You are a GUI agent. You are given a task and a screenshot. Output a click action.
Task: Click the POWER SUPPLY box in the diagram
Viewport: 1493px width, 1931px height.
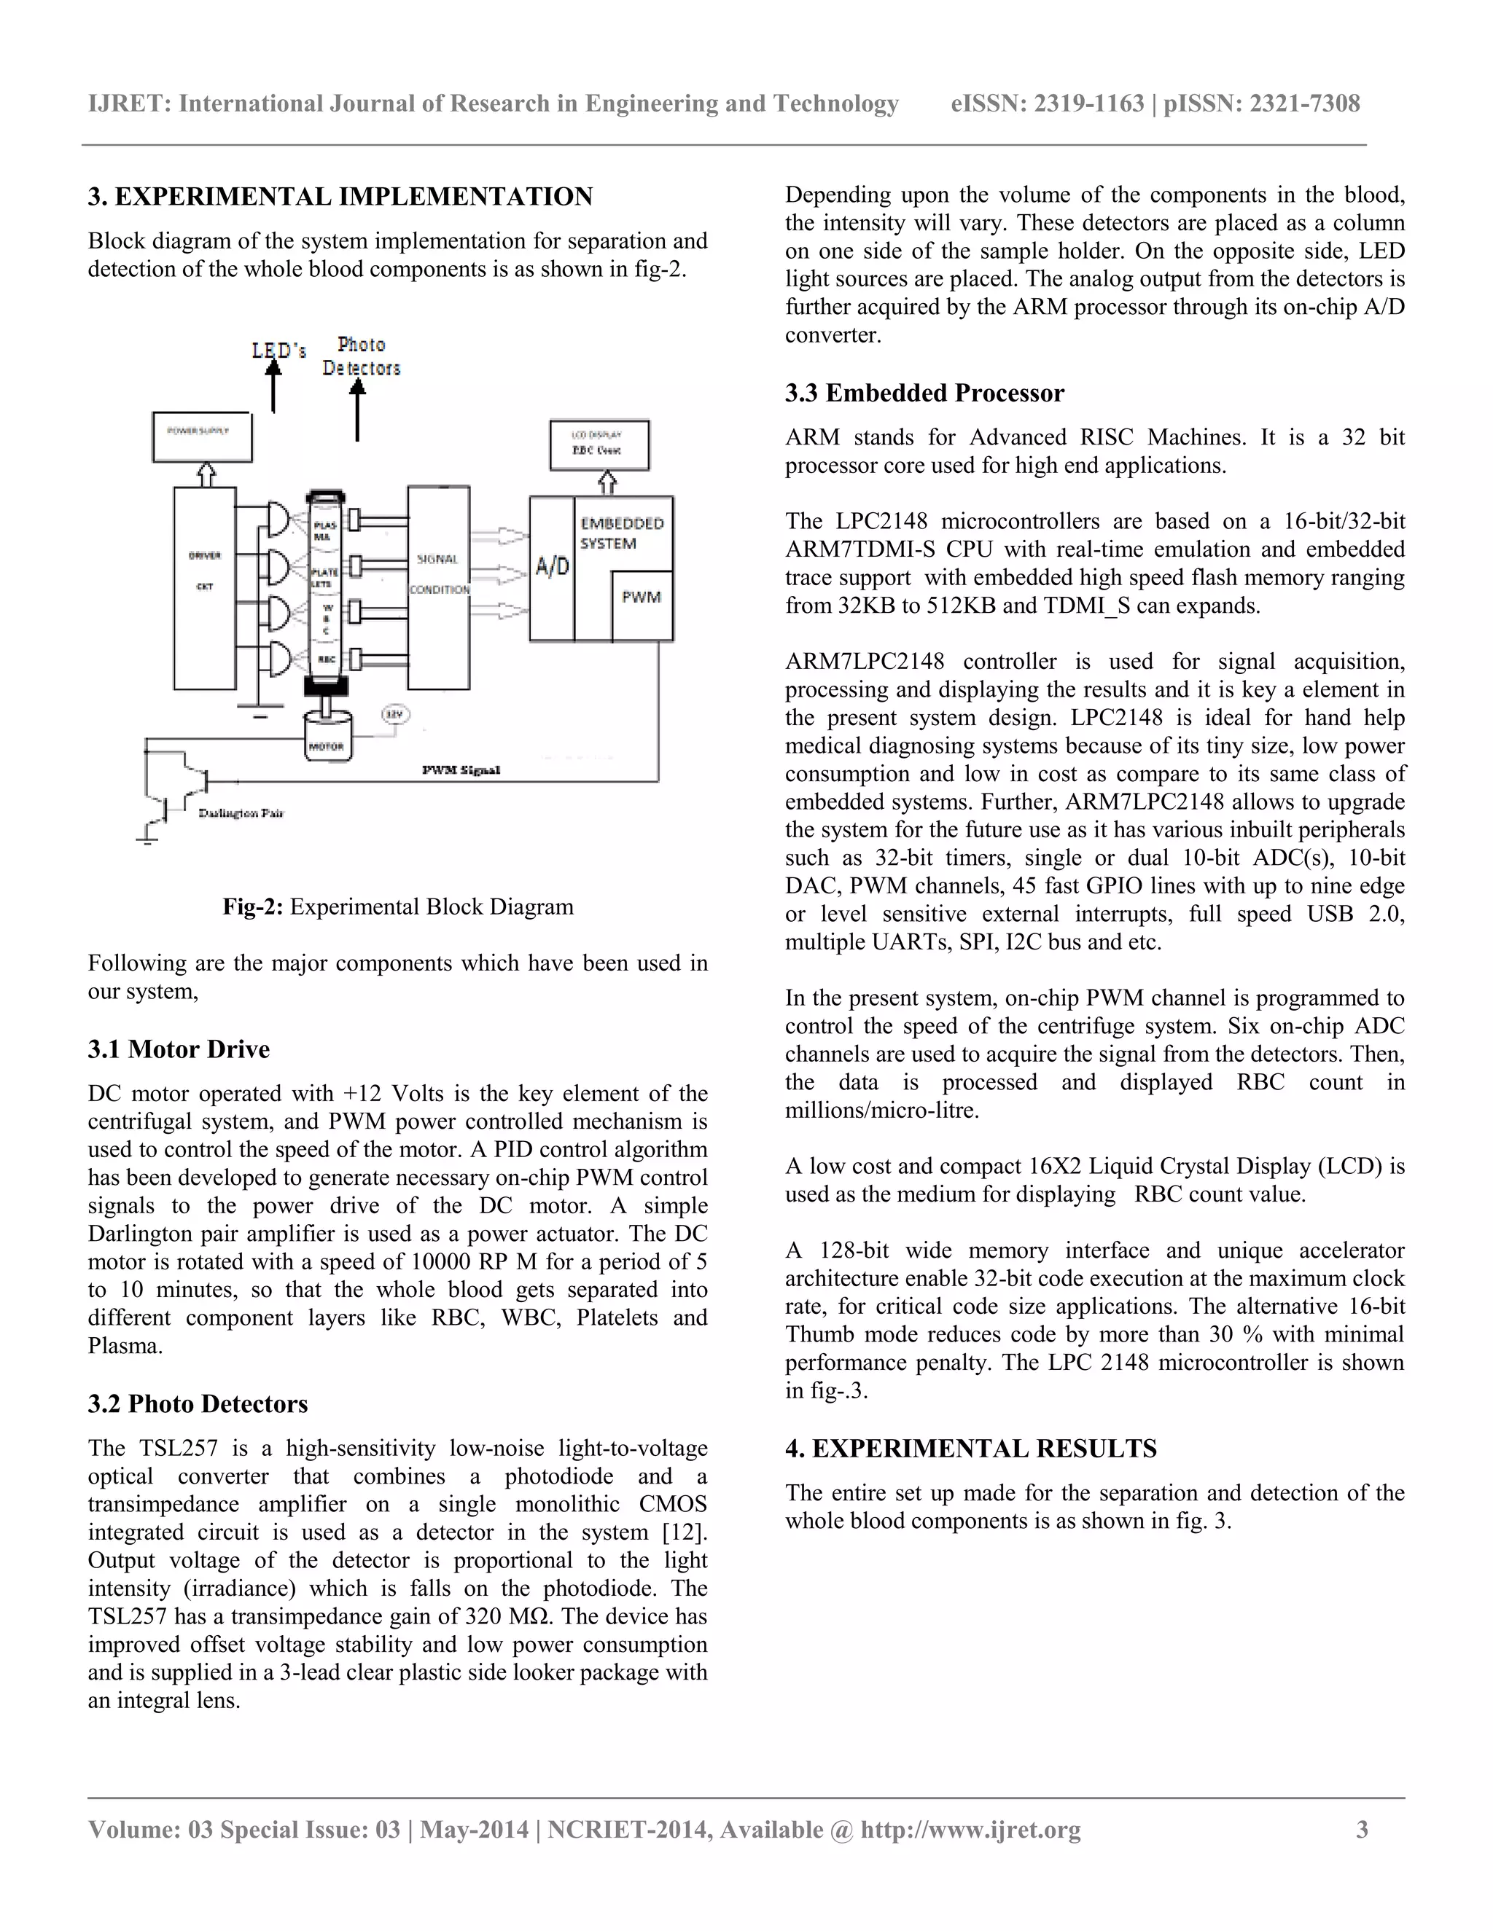click(x=202, y=436)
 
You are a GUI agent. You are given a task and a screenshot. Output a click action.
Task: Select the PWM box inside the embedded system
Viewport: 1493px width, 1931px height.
click(x=642, y=606)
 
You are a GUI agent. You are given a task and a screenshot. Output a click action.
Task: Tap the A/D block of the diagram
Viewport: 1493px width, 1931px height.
click(x=552, y=568)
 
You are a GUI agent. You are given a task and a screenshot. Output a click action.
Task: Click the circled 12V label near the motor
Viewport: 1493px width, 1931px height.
click(x=394, y=713)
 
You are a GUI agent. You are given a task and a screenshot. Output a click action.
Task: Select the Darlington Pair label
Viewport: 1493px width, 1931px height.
click(x=241, y=812)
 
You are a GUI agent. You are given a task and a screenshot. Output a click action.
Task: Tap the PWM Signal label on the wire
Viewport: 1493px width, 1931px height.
click(x=461, y=770)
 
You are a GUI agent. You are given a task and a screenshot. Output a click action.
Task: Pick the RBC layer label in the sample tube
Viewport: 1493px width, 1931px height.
click(x=325, y=659)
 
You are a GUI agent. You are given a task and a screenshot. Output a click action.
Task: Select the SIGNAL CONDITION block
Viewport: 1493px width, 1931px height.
click(x=439, y=587)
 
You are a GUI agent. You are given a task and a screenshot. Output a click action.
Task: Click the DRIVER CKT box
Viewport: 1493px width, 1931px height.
click(x=204, y=588)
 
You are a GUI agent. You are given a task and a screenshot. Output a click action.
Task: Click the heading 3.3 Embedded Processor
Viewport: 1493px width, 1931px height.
click(x=924, y=393)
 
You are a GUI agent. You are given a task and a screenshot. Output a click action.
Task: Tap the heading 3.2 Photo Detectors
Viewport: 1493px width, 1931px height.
click(x=198, y=1404)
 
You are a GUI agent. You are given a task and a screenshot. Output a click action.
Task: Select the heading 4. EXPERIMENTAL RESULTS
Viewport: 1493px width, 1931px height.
click(x=970, y=1449)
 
